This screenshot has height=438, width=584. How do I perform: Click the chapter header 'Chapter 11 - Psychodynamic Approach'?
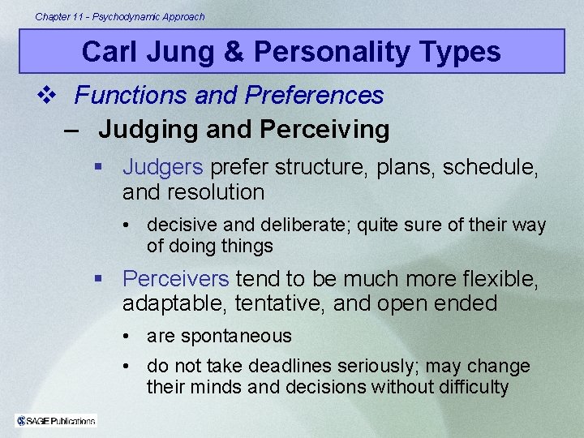(120, 16)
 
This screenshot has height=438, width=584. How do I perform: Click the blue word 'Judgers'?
(162, 167)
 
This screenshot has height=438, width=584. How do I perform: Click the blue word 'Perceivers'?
(176, 279)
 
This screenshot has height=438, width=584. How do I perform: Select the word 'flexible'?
(496, 279)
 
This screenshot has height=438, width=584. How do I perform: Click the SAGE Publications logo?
(56, 420)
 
